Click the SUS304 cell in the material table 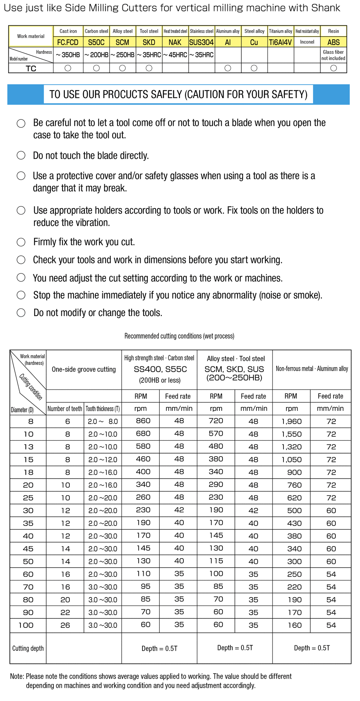pos(202,42)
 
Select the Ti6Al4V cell pos(280,42)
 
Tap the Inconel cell pos(307,42)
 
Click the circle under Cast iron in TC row pos(68,68)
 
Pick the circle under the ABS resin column pos(333,68)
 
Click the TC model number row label pos(31,68)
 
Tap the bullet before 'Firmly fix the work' pos(21,242)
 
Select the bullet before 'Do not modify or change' pos(21,313)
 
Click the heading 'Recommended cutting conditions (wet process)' pos(179,336)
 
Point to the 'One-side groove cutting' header pos(84,369)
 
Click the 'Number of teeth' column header pos(65,409)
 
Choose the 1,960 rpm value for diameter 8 pos(291,421)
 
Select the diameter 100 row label pos(26,625)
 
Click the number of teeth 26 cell pos(65,625)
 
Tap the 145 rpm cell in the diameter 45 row pos(143,548)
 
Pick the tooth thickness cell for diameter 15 pos(103,460)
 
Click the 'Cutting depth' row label pos(28,648)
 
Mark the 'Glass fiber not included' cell pos(333,55)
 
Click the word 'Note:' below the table pos(17,676)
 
